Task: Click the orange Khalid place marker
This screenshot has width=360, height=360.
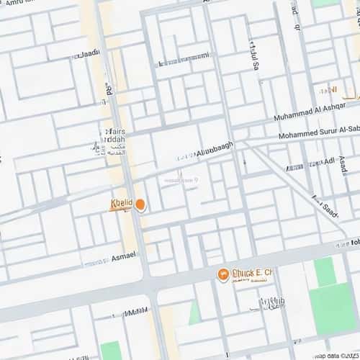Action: [140, 205]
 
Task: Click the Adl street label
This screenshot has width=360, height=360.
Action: [331, 163]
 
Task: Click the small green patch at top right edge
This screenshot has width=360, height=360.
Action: [321, 3]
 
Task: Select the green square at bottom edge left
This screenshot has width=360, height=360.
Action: [109, 351]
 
